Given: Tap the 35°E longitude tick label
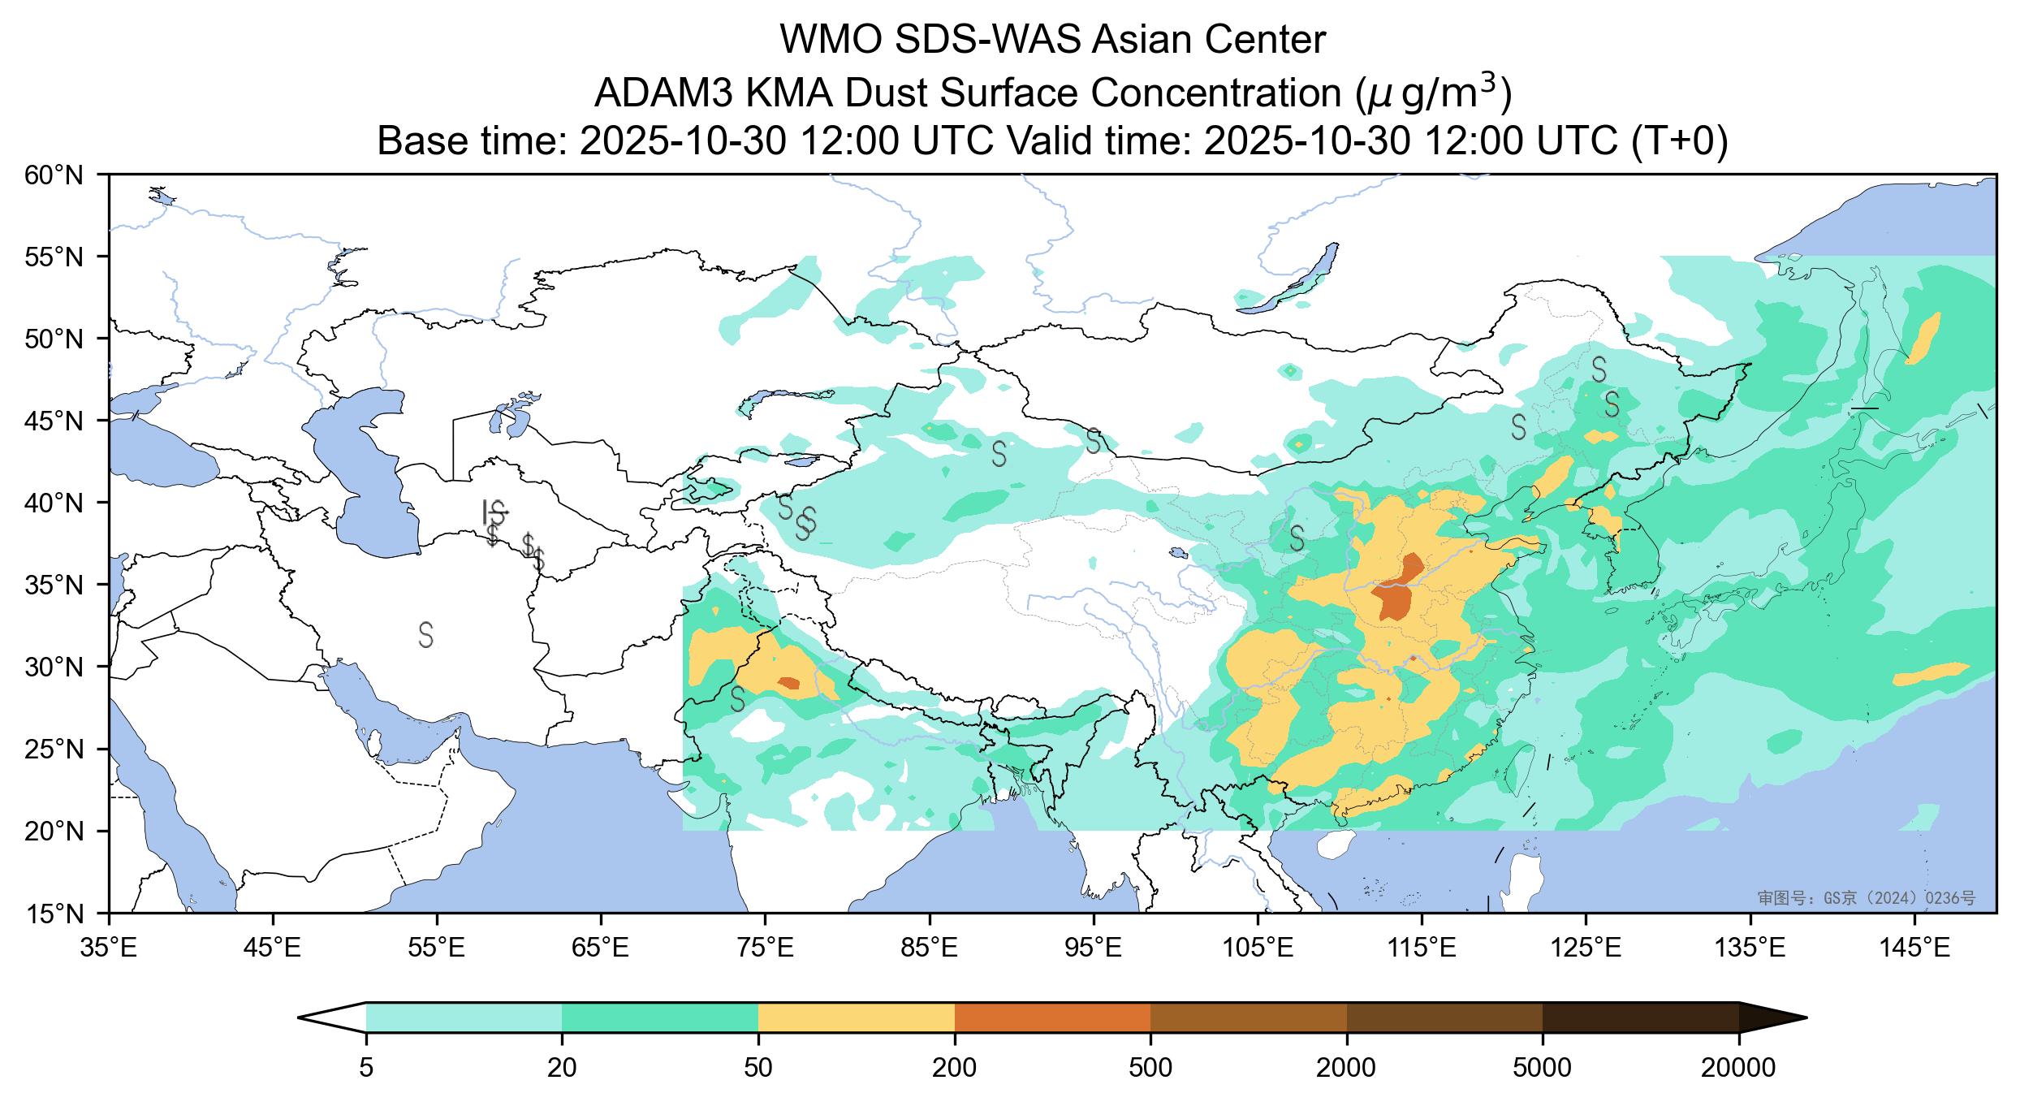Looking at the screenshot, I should pos(109,948).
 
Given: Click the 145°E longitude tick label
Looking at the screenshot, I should pos(1915,948).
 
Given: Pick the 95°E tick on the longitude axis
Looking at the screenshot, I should pos(1094,948).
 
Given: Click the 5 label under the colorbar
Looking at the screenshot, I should pos(366,1068).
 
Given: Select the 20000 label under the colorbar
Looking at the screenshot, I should pos(1738,1068).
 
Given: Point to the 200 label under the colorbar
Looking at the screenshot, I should pos(954,1068).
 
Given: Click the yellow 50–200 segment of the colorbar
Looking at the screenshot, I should pos(856,1017).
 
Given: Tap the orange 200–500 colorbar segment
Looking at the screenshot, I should pos(1052,1017).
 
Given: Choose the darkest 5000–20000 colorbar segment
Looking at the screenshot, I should pos(1640,1017).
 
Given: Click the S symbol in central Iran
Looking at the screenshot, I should pos(426,634).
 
